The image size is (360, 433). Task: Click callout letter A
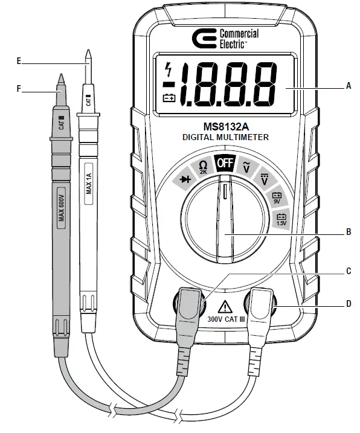pyautogui.click(x=348, y=87)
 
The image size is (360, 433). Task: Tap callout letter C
pyautogui.click(x=348, y=271)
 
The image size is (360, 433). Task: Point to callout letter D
pyautogui.click(x=348, y=304)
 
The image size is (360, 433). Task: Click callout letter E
pyautogui.click(x=19, y=61)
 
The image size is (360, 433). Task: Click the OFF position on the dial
pyautogui.click(x=225, y=164)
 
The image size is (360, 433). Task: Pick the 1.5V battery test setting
pyautogui.click(x=281, y=220)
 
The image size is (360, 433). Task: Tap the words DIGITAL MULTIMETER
pyautogui.click(x=225, y=138)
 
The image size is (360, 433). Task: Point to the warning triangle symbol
pyautogui.click(x=225, y=306)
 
